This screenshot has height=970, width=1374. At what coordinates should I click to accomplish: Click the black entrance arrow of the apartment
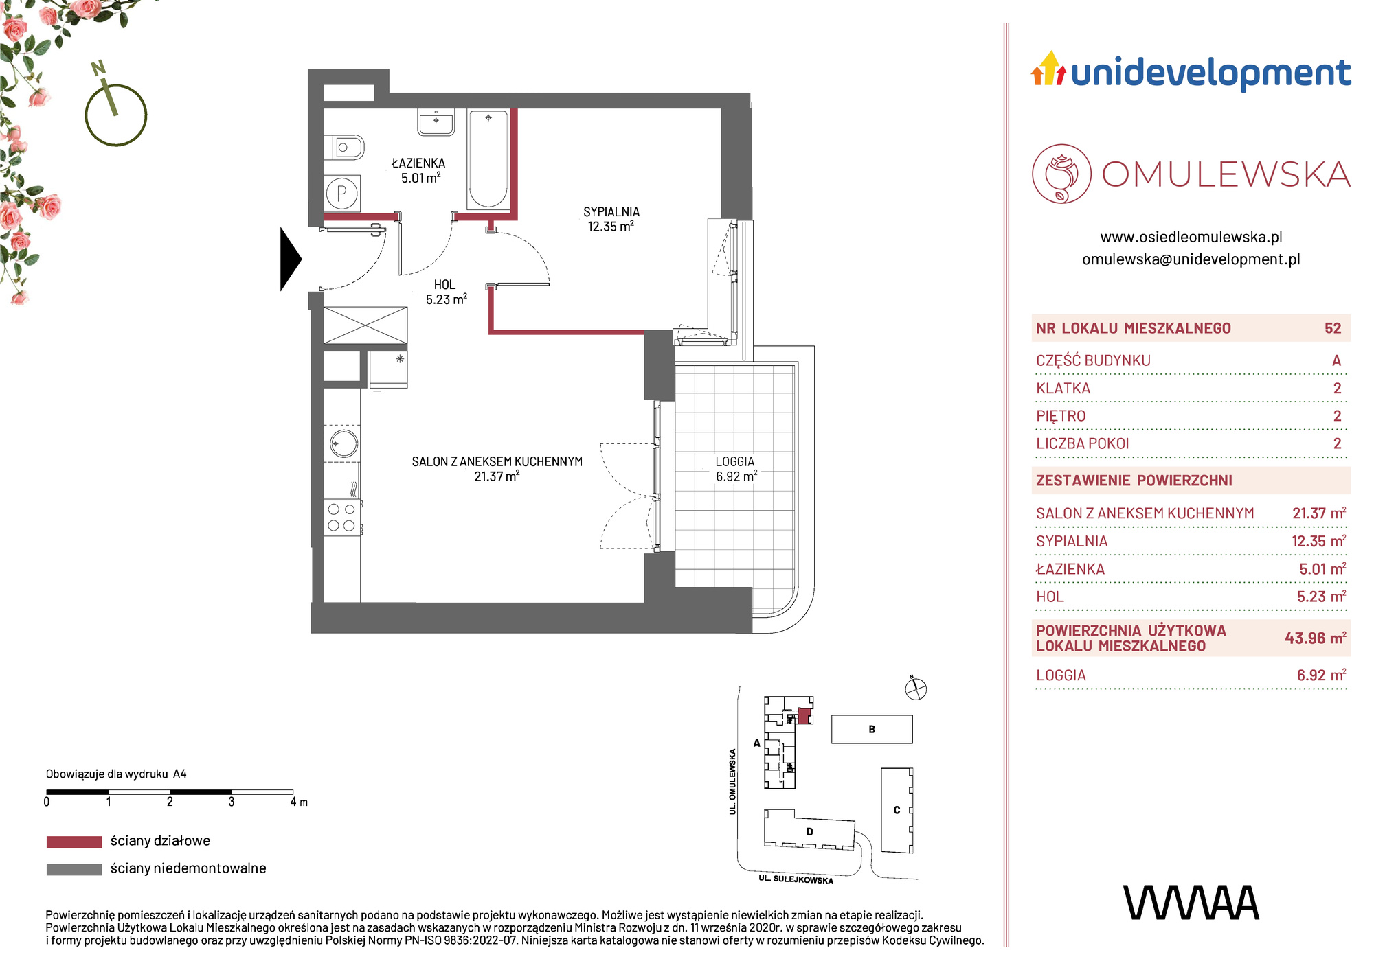pos(290,259)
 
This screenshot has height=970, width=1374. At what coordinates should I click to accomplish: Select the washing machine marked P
pos(341,194)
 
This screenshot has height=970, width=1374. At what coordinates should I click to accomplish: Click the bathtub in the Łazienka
pos(488,159)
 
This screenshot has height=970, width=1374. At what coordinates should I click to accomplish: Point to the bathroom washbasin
pos(436,122)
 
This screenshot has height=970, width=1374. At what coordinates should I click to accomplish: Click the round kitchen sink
pos(342,443)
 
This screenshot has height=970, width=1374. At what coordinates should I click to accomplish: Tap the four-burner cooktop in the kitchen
pos(341,518)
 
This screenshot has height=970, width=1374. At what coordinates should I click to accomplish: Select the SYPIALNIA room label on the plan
pos(611,212)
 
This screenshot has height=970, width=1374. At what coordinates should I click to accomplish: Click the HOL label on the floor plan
pos(444,285)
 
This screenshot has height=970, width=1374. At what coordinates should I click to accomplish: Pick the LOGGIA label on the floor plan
pos(735,462)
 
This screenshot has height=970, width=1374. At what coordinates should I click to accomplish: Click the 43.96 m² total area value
pos(1315,638)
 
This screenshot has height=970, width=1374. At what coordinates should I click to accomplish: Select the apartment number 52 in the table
pos(1333,328)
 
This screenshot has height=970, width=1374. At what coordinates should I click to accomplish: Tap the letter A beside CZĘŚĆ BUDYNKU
pos(1336,360)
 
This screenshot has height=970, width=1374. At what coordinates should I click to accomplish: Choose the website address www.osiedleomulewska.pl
pos(1191,237)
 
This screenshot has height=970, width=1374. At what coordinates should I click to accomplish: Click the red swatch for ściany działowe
pos(74,842)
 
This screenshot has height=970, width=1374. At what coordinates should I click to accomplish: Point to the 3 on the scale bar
pos(232,802)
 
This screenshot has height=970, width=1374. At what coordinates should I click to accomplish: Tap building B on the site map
pos(872,729)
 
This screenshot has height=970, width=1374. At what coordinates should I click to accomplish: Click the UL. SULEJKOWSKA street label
pos(796,879)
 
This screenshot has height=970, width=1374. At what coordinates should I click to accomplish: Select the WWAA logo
pos(1191,903)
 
